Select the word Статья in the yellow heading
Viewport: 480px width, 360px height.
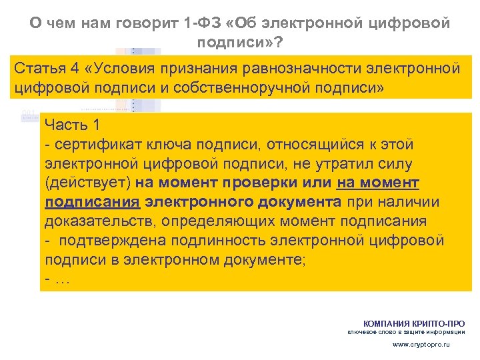(37, 69)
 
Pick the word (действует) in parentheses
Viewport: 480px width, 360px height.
(87, 183)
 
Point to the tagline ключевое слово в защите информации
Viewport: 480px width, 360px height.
(407, 331)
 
